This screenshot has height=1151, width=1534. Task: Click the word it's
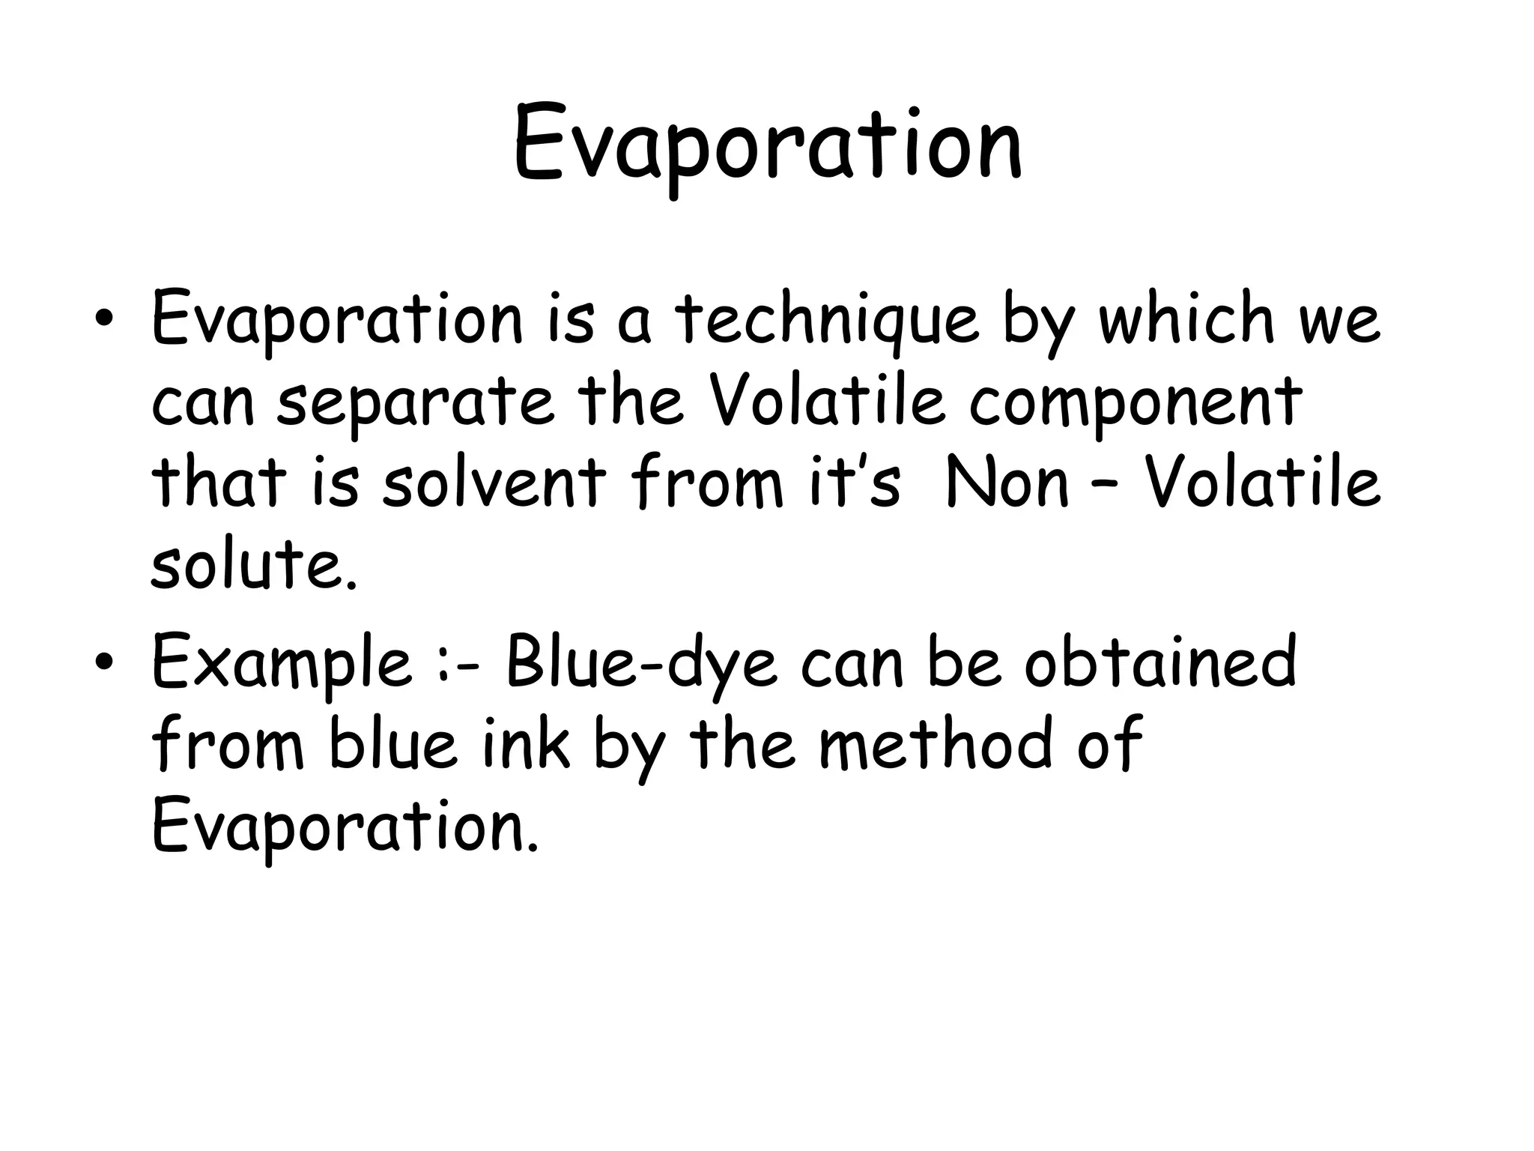point(854,483)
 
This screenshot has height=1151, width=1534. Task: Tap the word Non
point(1007,483)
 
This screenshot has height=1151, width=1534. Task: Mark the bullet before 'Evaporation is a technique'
point(104,320)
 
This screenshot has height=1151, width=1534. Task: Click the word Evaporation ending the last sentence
point(344,827)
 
